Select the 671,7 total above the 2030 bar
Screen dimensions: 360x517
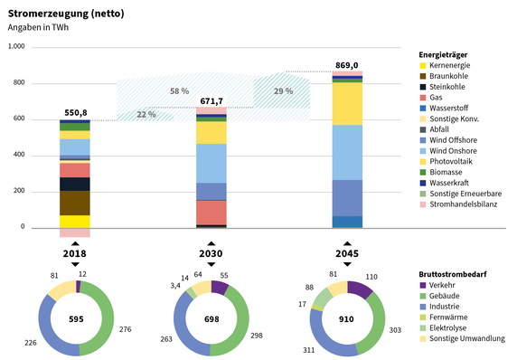211,99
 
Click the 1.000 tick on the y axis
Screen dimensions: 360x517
15,47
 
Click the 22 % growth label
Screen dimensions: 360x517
146,115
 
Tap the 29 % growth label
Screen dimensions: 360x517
283,91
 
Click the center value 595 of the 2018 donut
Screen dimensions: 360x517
76,318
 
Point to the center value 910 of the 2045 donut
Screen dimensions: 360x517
347,318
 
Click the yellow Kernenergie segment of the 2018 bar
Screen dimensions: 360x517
76,222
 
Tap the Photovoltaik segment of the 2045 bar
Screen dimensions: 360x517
347,103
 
